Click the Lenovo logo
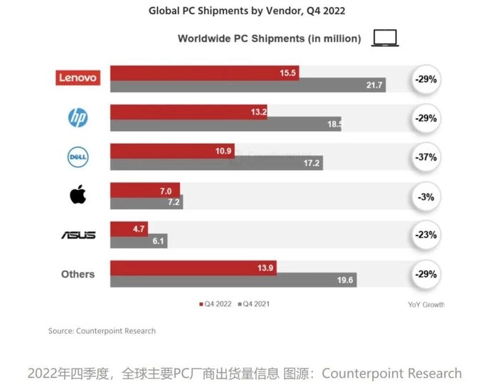78,78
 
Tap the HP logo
78,117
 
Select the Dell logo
78,157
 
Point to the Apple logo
78,195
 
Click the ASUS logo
78,235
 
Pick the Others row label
78,274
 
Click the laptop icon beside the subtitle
385,38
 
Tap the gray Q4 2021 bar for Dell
216,163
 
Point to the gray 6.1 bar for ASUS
138,241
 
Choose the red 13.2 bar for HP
189,111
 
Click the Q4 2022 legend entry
216,304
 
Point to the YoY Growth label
426,304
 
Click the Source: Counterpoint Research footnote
102,331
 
